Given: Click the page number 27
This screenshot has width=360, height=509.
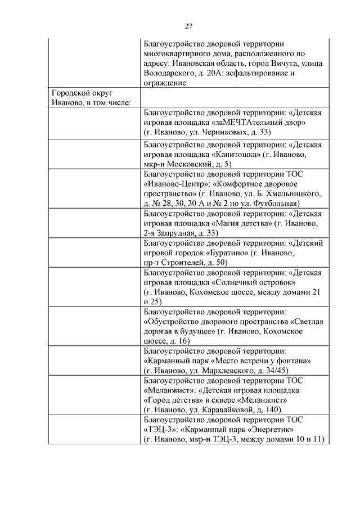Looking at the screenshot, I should [189, 26].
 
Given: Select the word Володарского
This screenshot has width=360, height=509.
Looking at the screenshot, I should [171, 73].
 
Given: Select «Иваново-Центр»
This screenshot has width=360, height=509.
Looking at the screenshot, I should [172, 184].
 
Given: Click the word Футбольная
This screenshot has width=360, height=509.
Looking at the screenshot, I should [274, 203].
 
